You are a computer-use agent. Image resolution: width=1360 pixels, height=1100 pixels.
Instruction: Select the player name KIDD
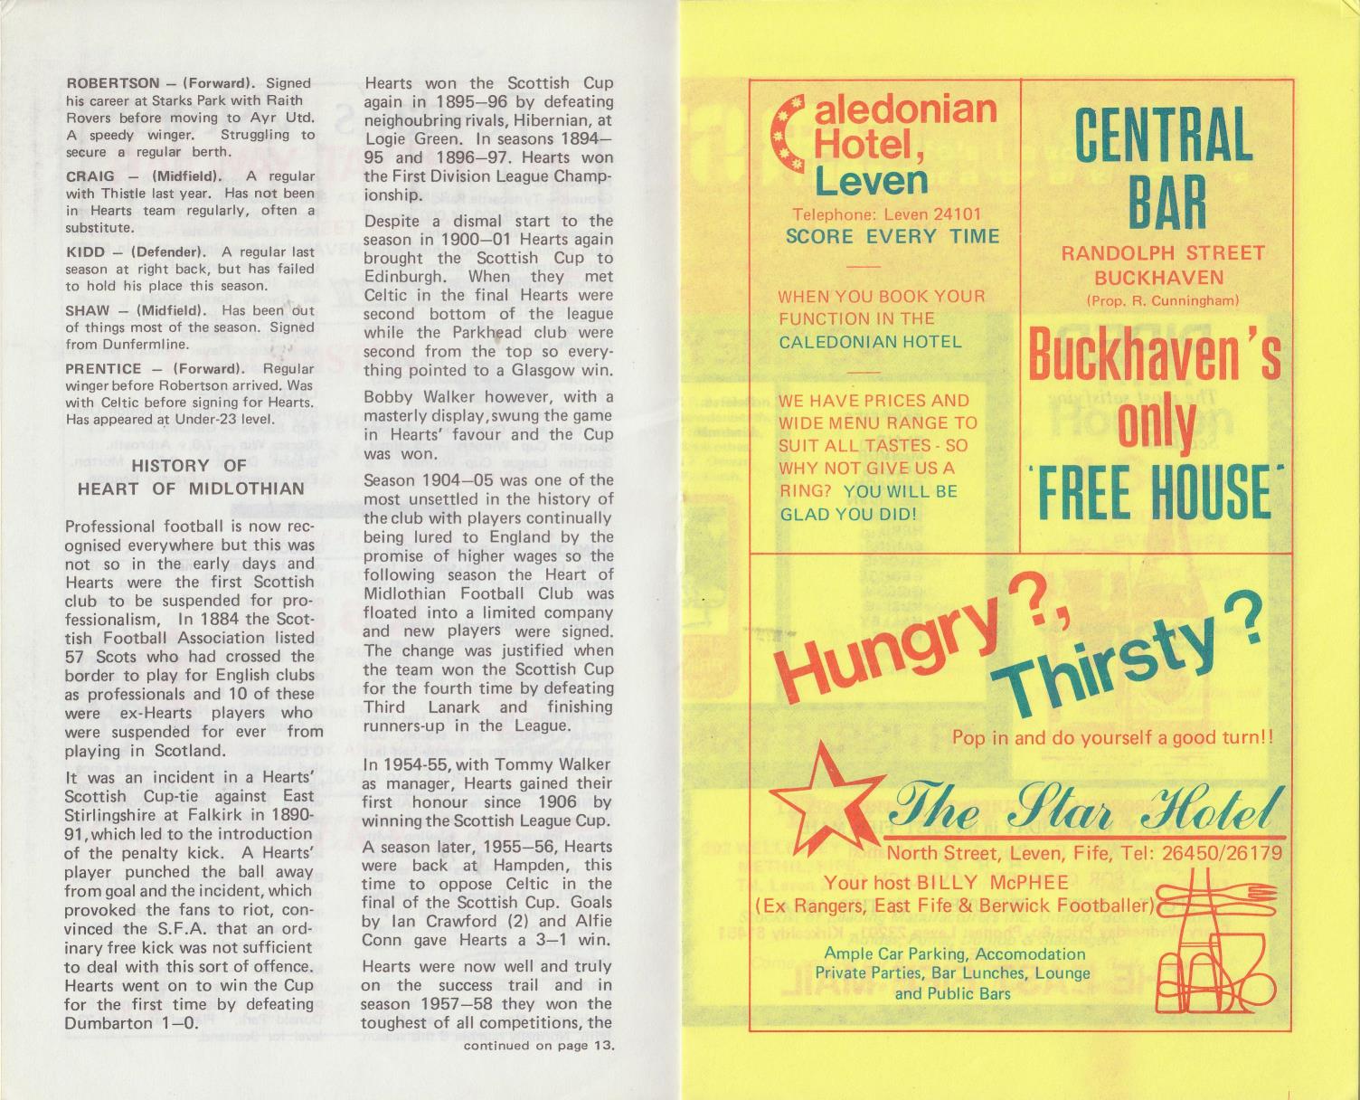(x=84, y=252)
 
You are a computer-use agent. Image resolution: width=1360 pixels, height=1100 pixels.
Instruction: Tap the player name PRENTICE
(x=104, y=369)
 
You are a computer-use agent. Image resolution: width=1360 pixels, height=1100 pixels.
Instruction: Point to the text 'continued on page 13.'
(x=539, y=1047)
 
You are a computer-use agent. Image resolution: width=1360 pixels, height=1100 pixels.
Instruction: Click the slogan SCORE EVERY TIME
(x=892, y=237)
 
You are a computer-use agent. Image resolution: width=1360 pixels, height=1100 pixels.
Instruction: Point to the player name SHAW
(x=89, y=310)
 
